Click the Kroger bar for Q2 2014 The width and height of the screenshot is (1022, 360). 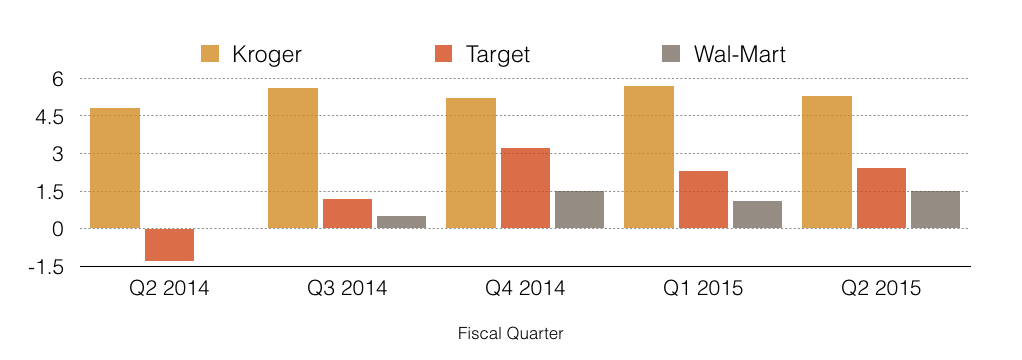(115, 168)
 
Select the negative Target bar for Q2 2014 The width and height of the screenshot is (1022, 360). (169, 245)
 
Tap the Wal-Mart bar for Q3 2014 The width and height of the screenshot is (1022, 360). (402, 222)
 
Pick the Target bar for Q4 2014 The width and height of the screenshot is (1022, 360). (525, 188)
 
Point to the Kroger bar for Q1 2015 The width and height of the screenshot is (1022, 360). (649, 157)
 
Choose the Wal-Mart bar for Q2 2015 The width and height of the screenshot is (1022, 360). (935, 210)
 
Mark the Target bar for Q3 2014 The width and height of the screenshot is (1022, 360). (347, 214)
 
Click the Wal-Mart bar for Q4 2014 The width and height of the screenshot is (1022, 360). (579, 210)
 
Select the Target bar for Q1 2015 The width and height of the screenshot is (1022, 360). (703, 200)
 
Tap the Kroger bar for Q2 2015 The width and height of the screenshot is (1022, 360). (826, 162)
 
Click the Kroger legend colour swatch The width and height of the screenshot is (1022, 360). (210, 53)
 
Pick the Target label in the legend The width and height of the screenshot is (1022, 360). (497, 53)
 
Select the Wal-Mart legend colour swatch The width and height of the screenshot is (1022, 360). (671, 53)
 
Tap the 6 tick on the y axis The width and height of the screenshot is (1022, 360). (57, 79)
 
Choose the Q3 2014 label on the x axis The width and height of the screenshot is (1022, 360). (347, 288)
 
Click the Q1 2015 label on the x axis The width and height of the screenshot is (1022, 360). (703, 288)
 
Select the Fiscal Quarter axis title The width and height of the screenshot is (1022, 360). (510, 334)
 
